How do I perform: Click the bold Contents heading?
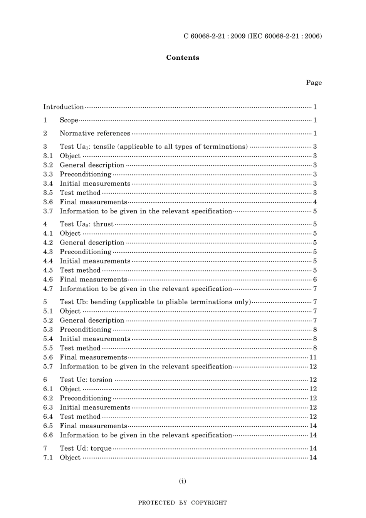183,58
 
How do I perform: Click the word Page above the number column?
314,82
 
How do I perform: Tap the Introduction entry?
63,107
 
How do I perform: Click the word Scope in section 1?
69,120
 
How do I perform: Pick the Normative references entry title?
95,133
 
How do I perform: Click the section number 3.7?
48,211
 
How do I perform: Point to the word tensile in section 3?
104,147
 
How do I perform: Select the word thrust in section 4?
103,224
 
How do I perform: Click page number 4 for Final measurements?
315,202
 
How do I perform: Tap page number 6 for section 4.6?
315,280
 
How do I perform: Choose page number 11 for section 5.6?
313,357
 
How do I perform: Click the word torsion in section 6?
101,380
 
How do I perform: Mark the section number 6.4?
48,417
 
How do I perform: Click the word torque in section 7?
101,448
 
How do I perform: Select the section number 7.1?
48,458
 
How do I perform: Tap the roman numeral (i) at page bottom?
183,481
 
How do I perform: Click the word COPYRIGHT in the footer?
209,503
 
